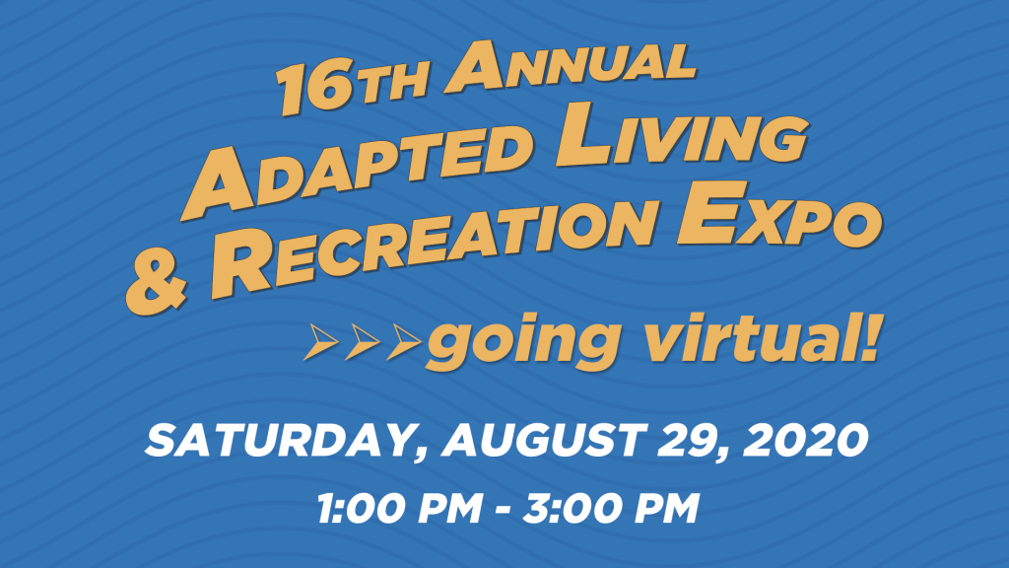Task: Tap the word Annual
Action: pos(571,64)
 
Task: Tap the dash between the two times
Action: pos(504,510)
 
